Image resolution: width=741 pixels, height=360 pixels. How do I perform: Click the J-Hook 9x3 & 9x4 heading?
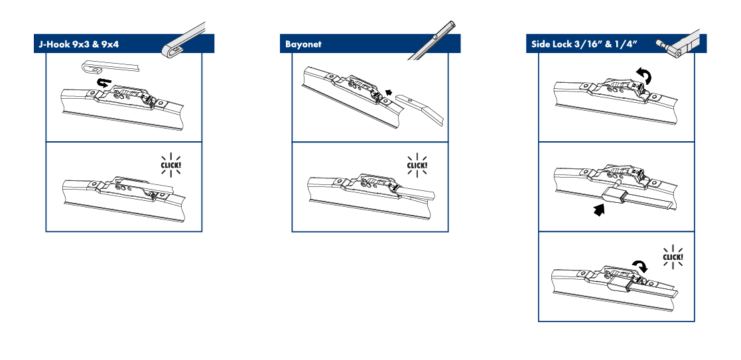pos(78,44)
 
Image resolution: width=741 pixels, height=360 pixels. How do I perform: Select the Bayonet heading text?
pos(303,44)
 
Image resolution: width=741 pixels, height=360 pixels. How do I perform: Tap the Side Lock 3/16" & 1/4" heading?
pos(584,44)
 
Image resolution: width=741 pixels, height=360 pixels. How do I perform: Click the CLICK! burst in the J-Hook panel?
pos(171,165)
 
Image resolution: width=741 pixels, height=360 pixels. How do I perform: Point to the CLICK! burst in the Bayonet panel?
pos(417,165)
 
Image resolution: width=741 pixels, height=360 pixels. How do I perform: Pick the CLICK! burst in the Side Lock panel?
pos(673,257)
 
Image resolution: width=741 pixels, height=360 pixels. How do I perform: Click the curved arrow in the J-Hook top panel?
pos(103,83)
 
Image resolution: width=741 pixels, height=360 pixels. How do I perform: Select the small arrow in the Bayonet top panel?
pos(389,93)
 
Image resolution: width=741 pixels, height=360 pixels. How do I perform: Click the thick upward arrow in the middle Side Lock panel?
pos(599,210)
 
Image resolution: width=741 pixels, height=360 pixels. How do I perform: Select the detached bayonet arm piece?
pos(419,109)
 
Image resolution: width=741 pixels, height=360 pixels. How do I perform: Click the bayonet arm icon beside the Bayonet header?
pos(433,40)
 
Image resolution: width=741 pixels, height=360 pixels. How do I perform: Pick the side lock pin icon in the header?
pos(678,45)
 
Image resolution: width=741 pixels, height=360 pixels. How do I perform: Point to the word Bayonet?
pos(303,44)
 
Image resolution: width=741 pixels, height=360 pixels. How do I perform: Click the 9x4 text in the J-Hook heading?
pos(109,44)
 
